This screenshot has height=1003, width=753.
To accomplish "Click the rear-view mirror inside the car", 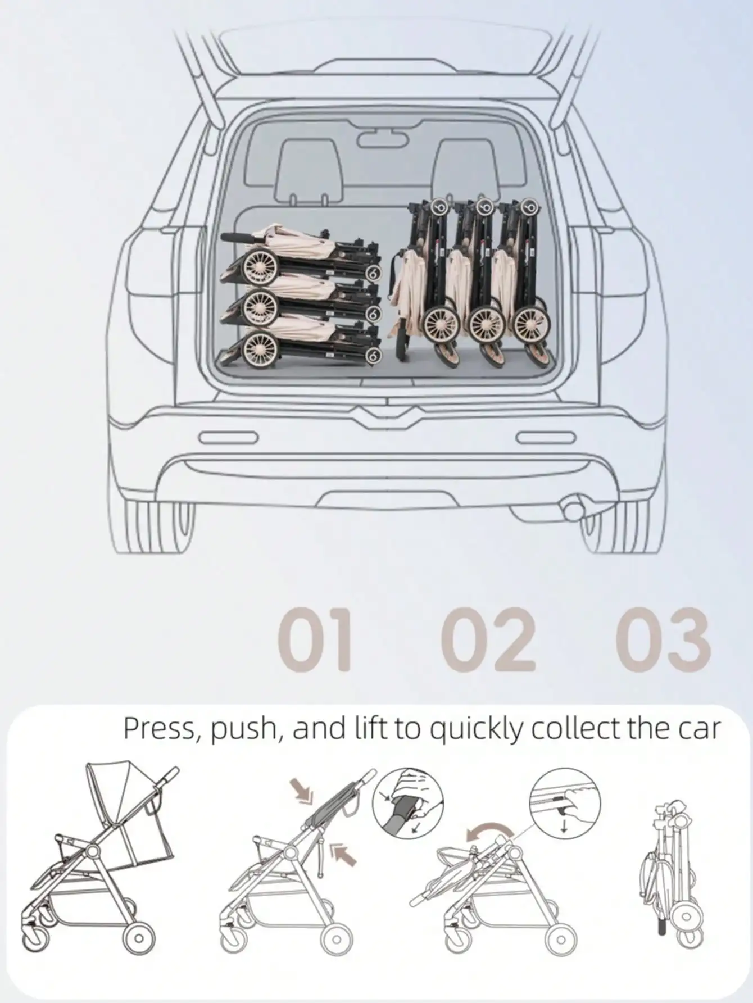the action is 376,138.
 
